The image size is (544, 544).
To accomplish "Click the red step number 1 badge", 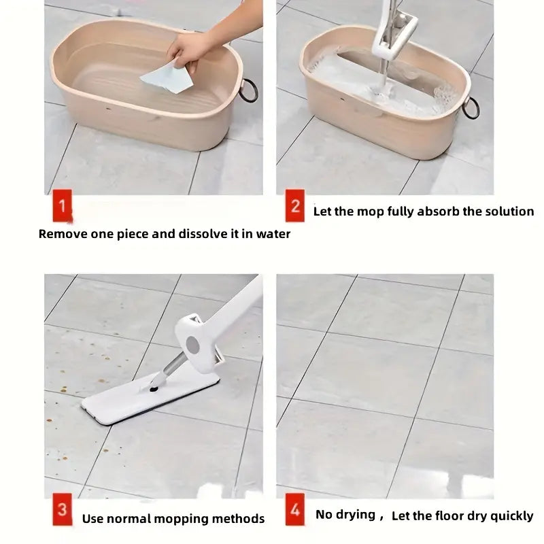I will [62, 207].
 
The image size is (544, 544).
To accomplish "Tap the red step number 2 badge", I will [294, 206].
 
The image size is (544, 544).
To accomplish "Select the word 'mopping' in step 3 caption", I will [186, 519].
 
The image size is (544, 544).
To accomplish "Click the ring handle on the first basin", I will [248, 90].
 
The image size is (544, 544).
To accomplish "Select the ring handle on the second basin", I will [471, 107].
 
